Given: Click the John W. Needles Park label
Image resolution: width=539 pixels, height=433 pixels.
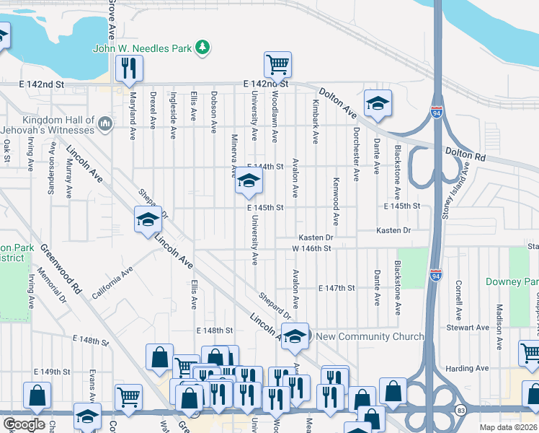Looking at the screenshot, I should coord(142,48).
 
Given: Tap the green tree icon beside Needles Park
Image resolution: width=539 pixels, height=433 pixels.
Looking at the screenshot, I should coord(204,48).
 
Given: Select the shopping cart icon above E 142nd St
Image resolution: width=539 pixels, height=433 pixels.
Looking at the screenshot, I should coord(277,65).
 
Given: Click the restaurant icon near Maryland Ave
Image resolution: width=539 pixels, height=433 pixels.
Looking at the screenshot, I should coord(130,69).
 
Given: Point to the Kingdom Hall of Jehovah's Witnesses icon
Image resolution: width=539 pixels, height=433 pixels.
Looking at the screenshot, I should coord(105,125).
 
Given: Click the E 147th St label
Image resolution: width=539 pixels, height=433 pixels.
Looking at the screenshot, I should coord(337,288).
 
